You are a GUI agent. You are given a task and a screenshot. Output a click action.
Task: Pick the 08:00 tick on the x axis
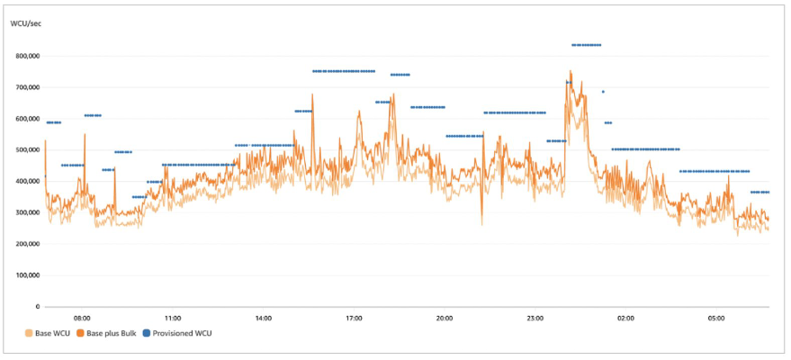point(82,318)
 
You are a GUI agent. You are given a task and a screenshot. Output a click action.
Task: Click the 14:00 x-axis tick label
point(264,318)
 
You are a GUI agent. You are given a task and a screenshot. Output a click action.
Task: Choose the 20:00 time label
point(445,318)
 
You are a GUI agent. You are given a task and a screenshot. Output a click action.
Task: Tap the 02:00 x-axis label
point(625,318)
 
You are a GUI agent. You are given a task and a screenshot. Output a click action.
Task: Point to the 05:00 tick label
point(716,318)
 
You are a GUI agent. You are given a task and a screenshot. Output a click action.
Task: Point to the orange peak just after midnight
point(571,71)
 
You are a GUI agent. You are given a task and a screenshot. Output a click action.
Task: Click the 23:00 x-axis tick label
point(535,318)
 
